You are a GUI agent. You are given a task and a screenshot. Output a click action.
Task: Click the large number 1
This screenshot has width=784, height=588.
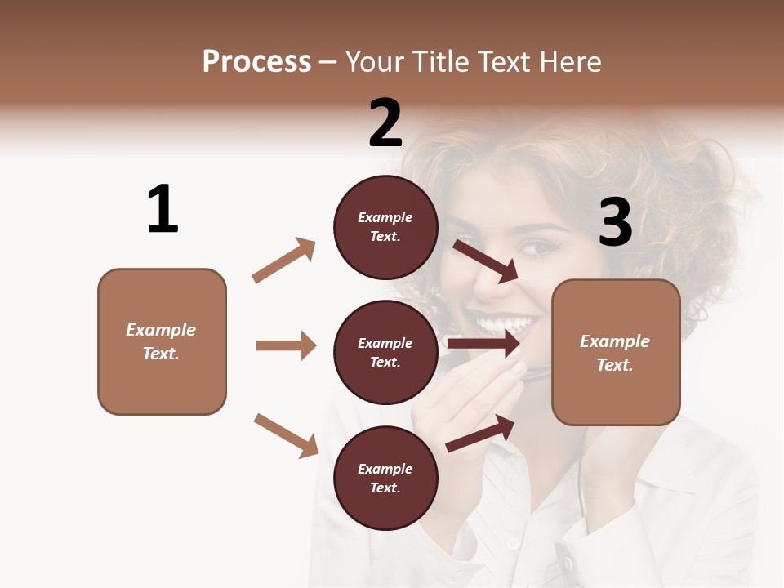(x=163, y=210)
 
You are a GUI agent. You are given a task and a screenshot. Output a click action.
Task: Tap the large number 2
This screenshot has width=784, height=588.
(x=385, y=123)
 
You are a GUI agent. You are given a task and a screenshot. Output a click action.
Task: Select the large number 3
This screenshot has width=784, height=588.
(x=615, y=223)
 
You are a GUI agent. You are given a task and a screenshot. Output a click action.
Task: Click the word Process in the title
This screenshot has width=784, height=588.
(x=256, y=61)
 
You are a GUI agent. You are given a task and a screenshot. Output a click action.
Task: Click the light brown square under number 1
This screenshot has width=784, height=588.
(x=162, y=341)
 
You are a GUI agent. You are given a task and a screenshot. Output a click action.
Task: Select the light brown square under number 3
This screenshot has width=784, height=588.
(x=616, y=352)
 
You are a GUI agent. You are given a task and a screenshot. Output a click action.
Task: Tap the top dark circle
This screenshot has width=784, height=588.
(x=385, y=227)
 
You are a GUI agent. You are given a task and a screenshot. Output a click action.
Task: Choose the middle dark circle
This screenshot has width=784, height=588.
(x=385, y=352)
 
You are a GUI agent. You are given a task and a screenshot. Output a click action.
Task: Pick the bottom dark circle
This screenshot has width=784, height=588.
(x=385, y=478)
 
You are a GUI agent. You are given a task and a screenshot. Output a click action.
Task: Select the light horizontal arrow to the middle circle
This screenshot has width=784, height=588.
(x=286, y=345)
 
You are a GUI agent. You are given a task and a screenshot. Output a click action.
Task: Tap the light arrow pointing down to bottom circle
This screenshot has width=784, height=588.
(x=287, y=435)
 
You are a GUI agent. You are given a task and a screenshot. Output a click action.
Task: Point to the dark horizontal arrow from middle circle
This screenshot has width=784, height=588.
(x=483, y=343)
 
